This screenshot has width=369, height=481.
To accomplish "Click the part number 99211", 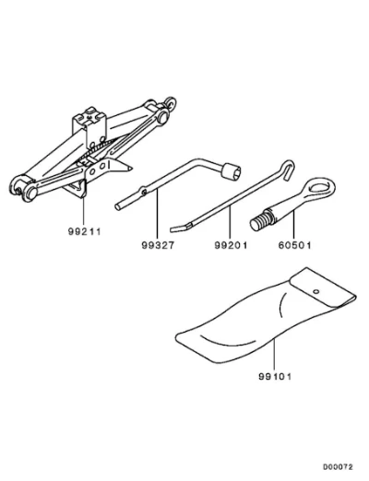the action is point(84,231).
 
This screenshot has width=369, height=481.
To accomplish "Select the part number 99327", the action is point(158,245).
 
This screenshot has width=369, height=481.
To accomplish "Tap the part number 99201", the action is point(231,245).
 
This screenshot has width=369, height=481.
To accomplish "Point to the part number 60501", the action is point(294,245).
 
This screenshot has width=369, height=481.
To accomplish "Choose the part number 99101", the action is point(275,376).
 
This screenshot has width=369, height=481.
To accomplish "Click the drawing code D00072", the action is point(338,467).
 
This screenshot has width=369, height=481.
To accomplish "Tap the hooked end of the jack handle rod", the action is point(287,169).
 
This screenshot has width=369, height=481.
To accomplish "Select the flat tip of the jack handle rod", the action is point(180,229).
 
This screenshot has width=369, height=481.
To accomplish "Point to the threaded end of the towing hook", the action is point(261,220).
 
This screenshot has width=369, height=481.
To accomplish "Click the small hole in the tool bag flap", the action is point(315,291).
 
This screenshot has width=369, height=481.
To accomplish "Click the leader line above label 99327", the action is point(157,215).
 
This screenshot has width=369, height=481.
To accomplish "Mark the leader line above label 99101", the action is point(273,355).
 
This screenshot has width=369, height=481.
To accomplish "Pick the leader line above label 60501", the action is point(294,225).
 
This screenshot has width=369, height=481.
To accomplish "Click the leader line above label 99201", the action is point(230,223).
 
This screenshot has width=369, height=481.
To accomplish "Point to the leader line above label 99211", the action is point(83,212).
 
